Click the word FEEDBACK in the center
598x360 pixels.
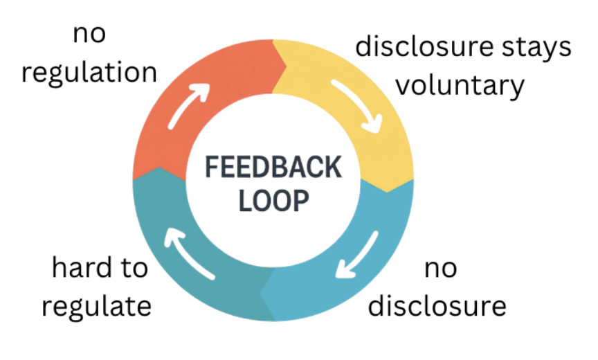pyautogui.click(x=273, y=168)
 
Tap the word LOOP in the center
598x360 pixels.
pyautogui.click(x=273, y=201)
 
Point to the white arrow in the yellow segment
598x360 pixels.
pyautogui.click(x=357, y=105)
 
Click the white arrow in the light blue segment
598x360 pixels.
pyautogui.click(x=358, y=255)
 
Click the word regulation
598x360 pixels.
pyautogui.click(x=89, y=72)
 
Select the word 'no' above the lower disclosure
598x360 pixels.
pyautogui.click(x=440, y=267)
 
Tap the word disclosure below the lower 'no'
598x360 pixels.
pyautogui.click(x=437, y=305)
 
